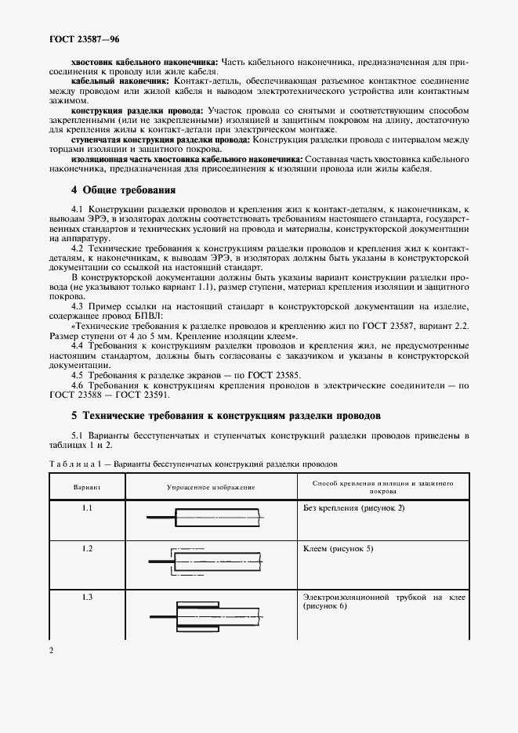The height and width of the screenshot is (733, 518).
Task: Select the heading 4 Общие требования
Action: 123,190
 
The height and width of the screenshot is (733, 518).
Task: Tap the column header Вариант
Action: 87,488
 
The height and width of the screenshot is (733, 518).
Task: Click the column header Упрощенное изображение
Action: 211,488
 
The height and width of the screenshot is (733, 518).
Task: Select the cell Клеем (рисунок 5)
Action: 338,549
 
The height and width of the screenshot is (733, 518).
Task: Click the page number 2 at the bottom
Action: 51,650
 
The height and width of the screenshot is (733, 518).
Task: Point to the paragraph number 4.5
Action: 78,375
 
